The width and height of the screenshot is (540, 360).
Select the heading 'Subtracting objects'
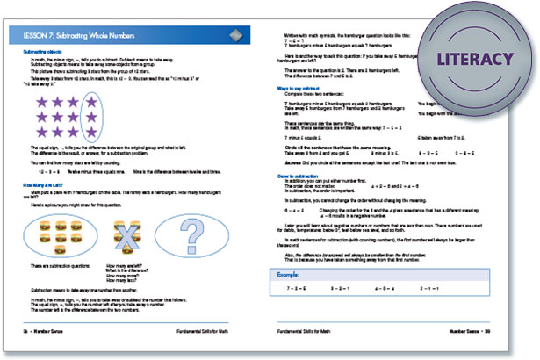tap(42, 53)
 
